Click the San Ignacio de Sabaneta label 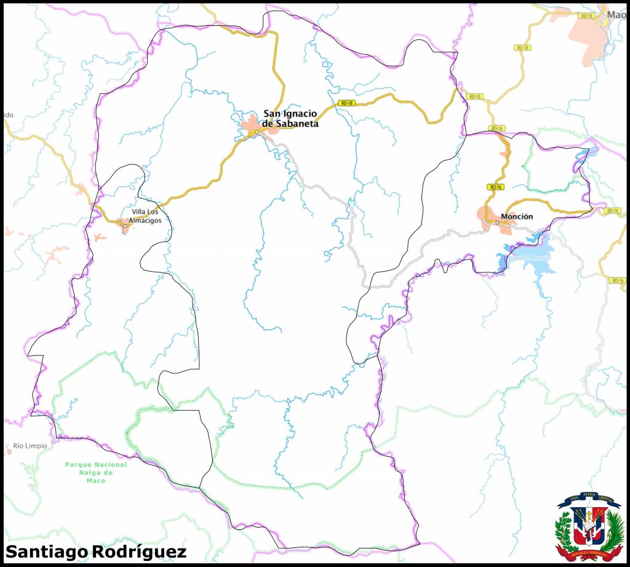290,118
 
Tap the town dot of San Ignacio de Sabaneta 257,132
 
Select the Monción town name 517,216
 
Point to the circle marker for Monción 497,223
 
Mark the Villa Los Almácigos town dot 125,226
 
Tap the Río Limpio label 30,446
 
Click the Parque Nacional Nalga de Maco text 96,472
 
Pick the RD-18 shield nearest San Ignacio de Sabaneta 347,103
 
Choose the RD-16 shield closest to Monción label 495,186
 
